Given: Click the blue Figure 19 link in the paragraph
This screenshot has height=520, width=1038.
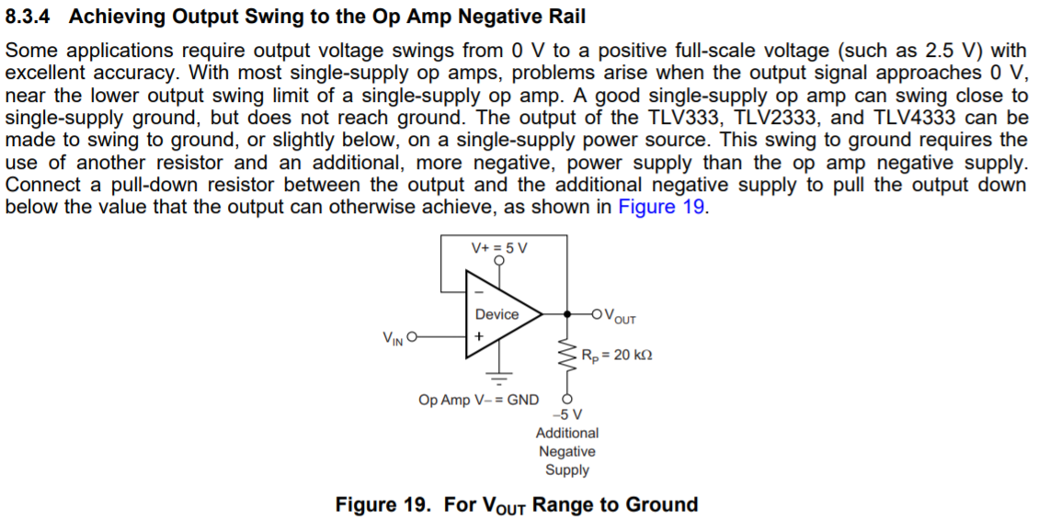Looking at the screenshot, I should (661, 206).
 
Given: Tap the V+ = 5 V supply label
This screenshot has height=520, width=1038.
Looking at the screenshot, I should (499, 248).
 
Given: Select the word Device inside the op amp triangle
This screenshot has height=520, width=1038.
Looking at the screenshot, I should (496, 314).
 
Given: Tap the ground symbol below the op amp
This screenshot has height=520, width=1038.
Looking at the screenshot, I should (499, 377).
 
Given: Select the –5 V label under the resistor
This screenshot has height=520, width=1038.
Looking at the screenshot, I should (566, 414).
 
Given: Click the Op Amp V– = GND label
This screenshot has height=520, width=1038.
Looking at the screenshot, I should (478, 400).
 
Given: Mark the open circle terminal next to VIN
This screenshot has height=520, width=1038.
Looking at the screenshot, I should (411, 336).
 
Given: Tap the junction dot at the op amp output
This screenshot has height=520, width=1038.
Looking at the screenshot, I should (566, 313).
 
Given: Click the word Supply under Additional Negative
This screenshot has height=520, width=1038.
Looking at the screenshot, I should (566, 469).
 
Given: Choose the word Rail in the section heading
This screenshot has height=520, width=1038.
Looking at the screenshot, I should (564, 17).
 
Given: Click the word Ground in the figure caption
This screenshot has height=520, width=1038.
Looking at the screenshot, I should (661, 504).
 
